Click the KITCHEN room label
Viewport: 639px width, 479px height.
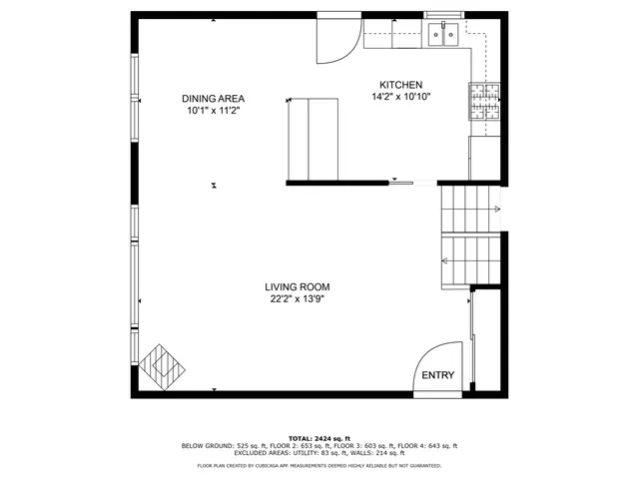401,85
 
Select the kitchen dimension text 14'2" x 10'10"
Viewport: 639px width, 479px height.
401,97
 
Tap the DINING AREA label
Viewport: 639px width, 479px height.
213,99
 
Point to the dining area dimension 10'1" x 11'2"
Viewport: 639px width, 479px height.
213,111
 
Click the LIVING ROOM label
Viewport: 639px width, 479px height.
298,286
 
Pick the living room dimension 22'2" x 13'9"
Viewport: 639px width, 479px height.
298,298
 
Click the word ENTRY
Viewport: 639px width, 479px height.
437,375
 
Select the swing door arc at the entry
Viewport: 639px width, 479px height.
435,364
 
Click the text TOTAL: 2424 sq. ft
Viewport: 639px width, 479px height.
319,438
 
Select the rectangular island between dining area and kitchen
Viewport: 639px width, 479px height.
313,140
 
